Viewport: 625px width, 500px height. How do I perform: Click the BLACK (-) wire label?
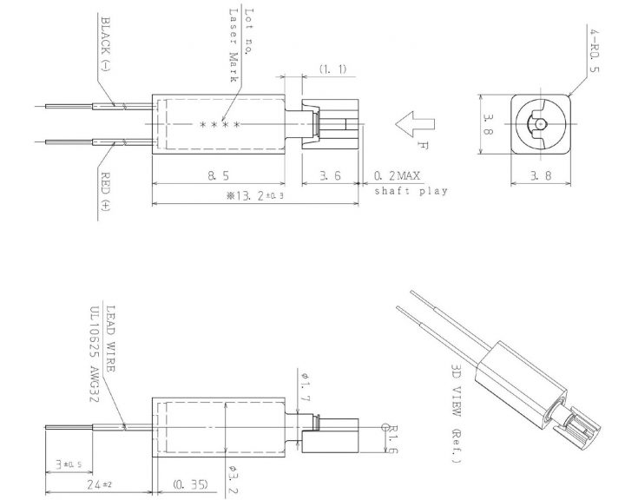[x=105, y=44]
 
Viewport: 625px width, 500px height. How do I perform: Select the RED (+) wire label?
[x=105, y=191]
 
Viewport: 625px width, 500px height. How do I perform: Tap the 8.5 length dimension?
[x=218, y=175]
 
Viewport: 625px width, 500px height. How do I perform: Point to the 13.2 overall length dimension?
[x=255, y=195]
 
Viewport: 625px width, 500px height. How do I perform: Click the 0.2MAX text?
[x=397, y=175]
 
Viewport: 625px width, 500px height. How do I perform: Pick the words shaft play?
[x=411, y=191]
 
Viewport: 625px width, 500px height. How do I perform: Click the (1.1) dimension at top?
[x=332, y=69]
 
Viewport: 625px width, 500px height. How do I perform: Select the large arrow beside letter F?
[x=415, y=124]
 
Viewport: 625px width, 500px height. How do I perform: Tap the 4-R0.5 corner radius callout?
[x=594, y=49]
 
